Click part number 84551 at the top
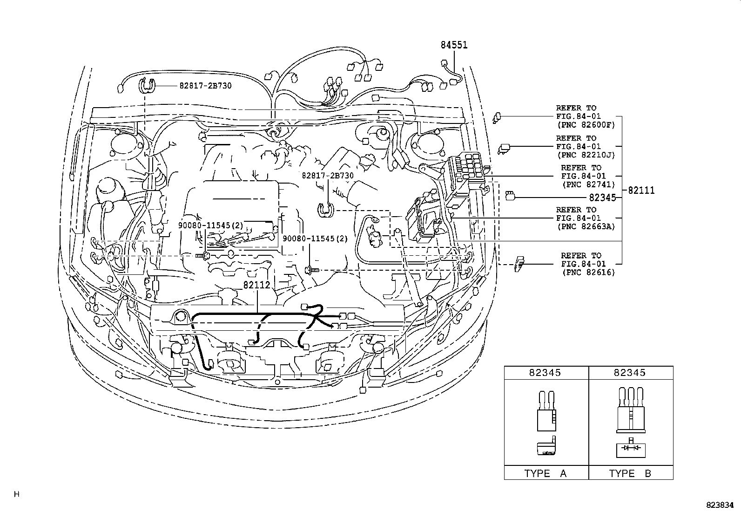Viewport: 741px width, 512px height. (x=454, y=45)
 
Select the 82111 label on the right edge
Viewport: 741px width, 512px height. (x=641, y=190)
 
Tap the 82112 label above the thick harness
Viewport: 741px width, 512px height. (x=256, y=285)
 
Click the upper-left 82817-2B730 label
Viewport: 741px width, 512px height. (x=205, y=86)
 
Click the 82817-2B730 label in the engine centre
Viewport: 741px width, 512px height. (x=328, y=176)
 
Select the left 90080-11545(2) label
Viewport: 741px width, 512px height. (x=211, y=225)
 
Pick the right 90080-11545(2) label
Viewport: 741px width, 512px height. (x=315, y=238)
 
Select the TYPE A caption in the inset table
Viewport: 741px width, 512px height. (x=546, y=473)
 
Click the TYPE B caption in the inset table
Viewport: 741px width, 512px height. (x=630, y=473)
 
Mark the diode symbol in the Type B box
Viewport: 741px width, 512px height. (x=631, y=448)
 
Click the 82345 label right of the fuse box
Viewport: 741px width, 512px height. (x=602, y=198)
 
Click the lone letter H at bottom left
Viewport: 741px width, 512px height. (x=17, y=494)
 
